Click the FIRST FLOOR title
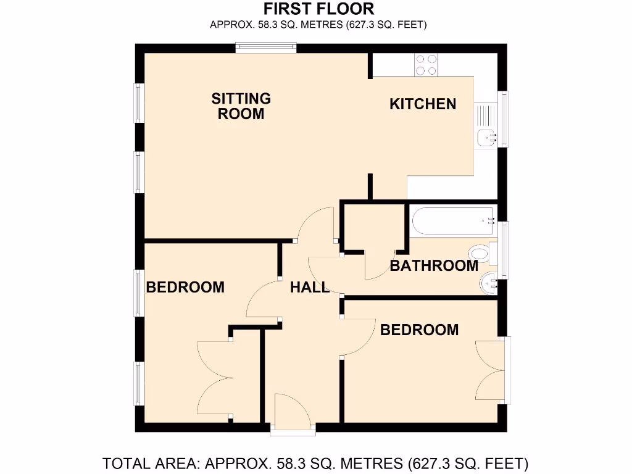coord(318,9)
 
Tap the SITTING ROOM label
coord(241,106)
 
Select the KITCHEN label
coord(423,104)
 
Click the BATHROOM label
coord(434,266)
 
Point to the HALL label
coord(310,287)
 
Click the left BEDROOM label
coord(185,287)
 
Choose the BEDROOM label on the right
coord(419,330)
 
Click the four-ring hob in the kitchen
coord(426,65)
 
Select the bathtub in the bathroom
coord(454,221)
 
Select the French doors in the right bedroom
coord(492,371)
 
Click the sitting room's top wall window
coord(266,48)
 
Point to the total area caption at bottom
coord(315,463)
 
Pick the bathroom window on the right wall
coord(504,250)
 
